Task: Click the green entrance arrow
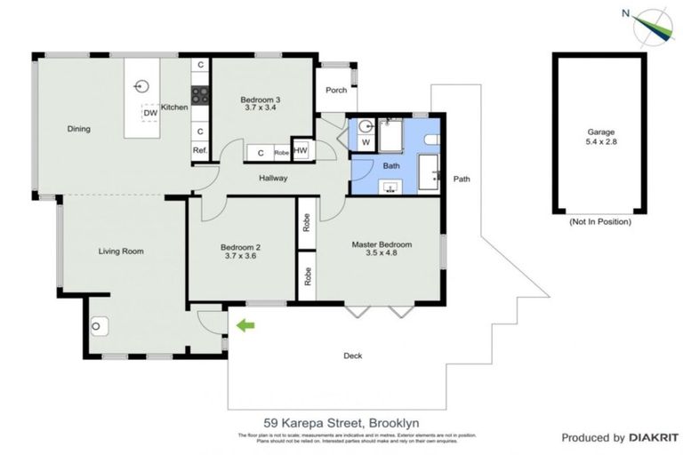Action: pyautogui.click(x=245, y=325)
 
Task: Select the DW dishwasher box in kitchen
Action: pyautogui.click(x=149, y=113)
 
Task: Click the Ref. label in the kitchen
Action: pyautogui.click(x=200, y=151)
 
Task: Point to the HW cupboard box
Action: pyautogui.click(x=301, y=151)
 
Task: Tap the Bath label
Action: pyautogui.click(x=390, y=165)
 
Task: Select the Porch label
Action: pyautogui.click(x=336, y=90)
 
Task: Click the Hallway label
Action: pyautogui.click(x=273, y=179)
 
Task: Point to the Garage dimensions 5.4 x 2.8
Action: pyautogui.click(x=600, y=143)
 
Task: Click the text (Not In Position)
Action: pyautogui.click(x=600, y=221)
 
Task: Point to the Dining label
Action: pyautogui.click(x=79, y=129)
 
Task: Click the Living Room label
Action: pyautogui.click(x=121, y=251)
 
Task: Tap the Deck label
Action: pyautogui.click(x=353, y=355)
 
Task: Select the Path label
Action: pyautogui.click(x=462, y=179)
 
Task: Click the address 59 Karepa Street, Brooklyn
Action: pyautogui.click(x=341, y=423)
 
